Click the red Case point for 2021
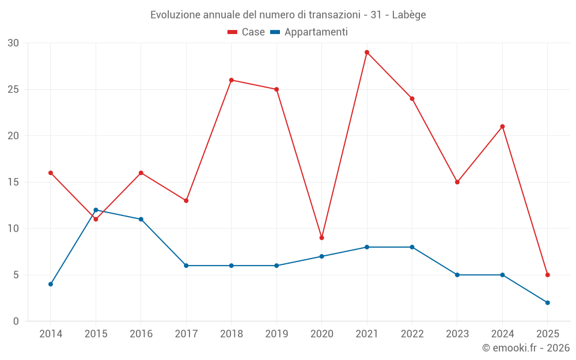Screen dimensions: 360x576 (367, 52)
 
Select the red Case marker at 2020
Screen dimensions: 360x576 (321, 238)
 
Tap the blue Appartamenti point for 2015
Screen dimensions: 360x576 (96, 210)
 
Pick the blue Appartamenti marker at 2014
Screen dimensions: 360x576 (51, 284)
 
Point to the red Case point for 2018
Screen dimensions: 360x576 (232, 80)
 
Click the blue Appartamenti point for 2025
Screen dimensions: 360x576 (547, 302)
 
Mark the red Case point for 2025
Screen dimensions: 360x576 (547, 275)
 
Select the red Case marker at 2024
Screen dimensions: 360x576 (502, 127)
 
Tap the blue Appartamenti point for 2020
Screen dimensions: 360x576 (321, 256)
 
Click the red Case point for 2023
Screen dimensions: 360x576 (457, 182)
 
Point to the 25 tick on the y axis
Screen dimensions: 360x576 (13, 89)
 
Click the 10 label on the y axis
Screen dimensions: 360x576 (13, 229)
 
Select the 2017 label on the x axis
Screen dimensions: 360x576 (186, 334)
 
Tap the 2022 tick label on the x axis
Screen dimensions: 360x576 (412, 334)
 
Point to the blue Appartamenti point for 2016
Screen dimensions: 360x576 (141, 219)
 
